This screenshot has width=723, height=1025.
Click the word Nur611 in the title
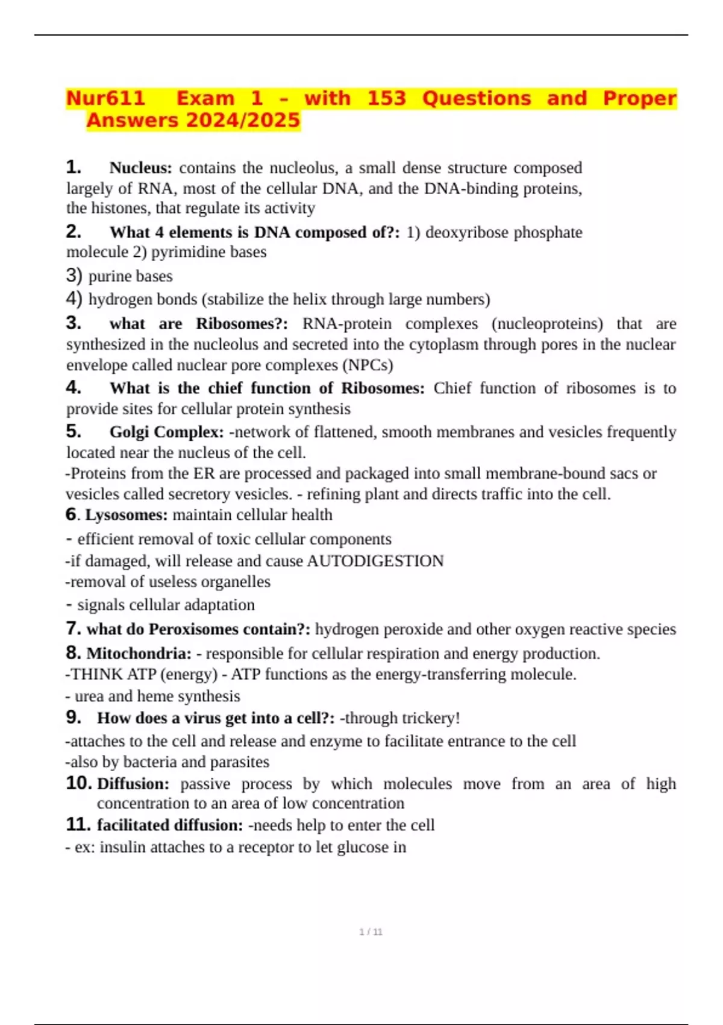click(x=105, y=98)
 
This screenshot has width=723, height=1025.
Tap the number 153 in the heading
click(x=386, y=98)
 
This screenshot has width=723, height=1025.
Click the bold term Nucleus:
click(x=140, y=168)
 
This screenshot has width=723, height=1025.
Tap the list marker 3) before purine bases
click(x=74, y=276)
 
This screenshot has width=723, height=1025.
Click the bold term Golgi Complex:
click(x=166, y=432)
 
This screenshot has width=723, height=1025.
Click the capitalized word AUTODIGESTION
click(x=375, y=561)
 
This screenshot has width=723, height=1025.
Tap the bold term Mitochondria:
click(x=139, y=654)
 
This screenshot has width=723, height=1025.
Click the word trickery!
click(x=430, y=718)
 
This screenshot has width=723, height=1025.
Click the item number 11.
click(x=78, y=824)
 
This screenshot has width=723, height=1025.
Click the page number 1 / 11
click(x=371, y=932)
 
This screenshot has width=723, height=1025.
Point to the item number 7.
click(x=73, y=629)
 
